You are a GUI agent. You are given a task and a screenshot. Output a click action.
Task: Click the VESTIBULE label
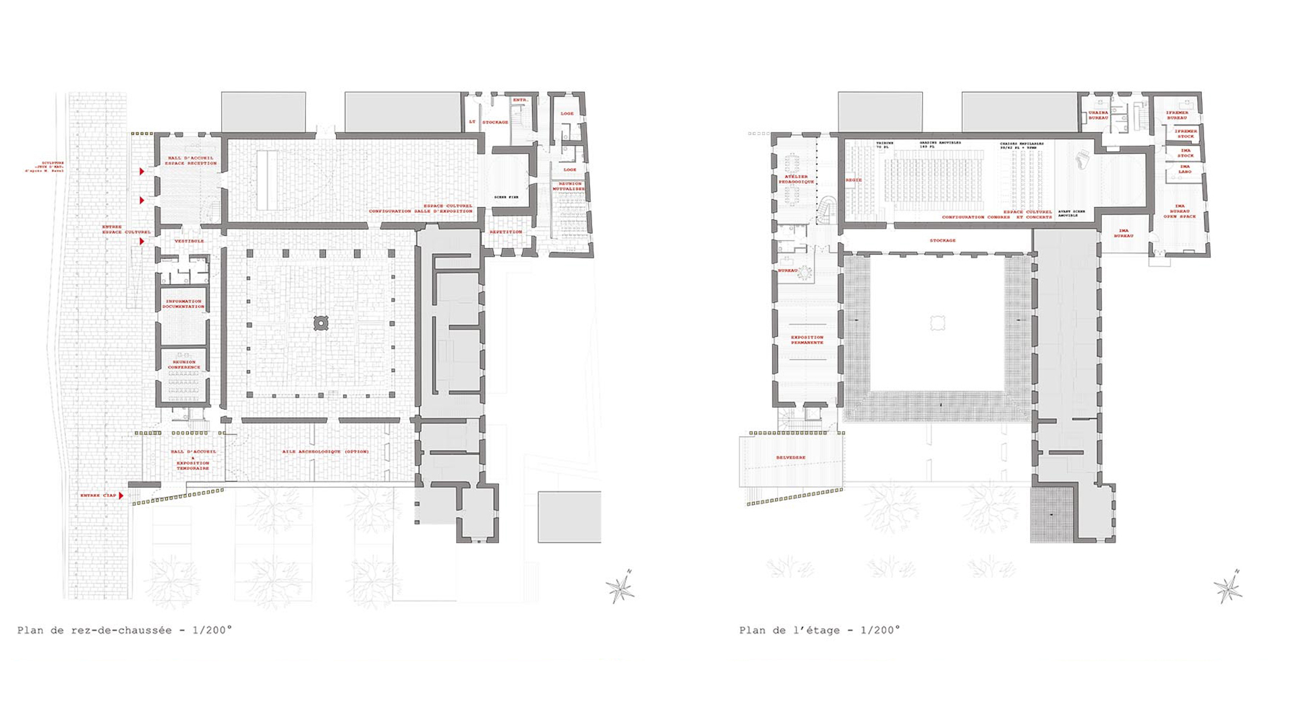189,241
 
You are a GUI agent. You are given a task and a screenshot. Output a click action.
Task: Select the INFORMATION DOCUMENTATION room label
183,304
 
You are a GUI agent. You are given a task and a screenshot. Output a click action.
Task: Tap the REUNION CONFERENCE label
184,365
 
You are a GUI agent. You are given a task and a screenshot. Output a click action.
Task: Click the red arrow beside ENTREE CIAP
121,495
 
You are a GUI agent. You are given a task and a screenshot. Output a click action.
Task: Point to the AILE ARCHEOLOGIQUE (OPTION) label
325,451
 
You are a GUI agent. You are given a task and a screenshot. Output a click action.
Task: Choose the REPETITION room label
506,232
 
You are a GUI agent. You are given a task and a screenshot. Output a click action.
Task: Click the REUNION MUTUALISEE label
570,186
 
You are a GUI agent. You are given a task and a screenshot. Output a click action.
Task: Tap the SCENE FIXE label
506,197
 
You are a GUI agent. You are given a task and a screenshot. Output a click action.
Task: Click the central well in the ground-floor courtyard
321,324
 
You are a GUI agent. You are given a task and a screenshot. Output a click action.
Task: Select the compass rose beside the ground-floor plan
620,588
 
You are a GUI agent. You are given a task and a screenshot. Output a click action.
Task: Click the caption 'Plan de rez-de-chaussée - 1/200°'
125,630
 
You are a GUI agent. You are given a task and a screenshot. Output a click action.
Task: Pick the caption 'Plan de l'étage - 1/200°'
819,630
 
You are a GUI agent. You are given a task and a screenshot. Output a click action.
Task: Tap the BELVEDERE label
790,458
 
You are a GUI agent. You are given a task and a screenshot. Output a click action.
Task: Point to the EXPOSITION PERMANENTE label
807,340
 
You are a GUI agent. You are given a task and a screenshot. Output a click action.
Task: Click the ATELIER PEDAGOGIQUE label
797,179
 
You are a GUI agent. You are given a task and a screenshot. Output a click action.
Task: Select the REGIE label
853,180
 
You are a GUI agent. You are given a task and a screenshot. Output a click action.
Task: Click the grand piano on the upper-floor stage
1082,160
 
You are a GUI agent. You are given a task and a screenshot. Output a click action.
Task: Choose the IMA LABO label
1185,169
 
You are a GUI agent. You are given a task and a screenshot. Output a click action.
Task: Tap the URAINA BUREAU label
1098,115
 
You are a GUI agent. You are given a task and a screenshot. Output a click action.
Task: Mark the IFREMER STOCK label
1186,133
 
